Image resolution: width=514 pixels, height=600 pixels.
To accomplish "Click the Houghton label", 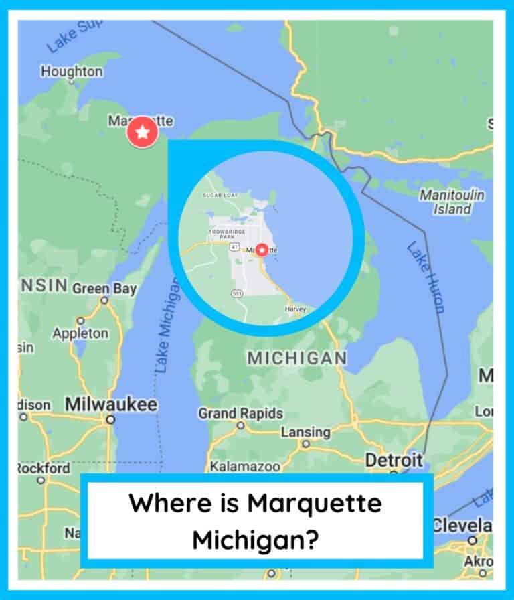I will point(72,72).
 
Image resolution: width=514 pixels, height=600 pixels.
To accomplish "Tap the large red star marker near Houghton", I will point(142,133).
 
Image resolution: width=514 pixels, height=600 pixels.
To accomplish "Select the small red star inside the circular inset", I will point(262,250).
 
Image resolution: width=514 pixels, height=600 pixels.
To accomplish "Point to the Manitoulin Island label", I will point(452,202).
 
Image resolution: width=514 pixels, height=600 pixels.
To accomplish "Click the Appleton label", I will point(80,333).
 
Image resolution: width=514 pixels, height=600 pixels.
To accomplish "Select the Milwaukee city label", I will point(111,404).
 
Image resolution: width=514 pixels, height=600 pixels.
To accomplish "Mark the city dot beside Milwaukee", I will point(110,420).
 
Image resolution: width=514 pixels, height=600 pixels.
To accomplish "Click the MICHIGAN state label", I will point(297,358).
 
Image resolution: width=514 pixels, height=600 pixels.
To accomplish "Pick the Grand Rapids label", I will point(240,413).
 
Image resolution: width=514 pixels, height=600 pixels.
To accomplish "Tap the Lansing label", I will point(305,432).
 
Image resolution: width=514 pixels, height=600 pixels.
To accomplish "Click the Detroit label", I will point(394,460).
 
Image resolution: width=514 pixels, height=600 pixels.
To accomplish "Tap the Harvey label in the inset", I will point(294,309).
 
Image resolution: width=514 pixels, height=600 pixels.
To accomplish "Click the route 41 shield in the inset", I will point(234,247).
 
